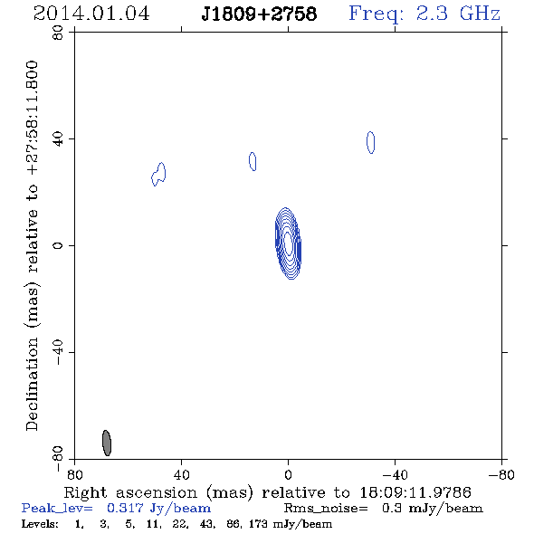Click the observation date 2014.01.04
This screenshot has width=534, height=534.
click(x=91, y=14)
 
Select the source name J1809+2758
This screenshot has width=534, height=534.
click(x=259, y=14)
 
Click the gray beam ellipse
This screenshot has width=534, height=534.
click(x=107, y=443)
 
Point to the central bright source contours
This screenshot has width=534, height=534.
click(x=288, y=243)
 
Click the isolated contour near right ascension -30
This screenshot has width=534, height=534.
click(x=370, y=142)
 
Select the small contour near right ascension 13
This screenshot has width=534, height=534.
click(x=253, y=161)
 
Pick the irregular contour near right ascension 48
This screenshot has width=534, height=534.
click(x=158, y=174)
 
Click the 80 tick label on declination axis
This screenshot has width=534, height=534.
click(x=58, y=33)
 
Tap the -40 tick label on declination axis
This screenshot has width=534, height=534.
click(x=58, y=352)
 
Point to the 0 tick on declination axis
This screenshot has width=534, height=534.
click(x=58, y=245)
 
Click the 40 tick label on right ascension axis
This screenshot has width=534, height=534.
click(x=181, y=474)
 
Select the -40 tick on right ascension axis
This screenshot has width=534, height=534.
click(x=395, y=474)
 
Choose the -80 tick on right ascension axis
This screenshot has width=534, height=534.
click(x=501, y=474)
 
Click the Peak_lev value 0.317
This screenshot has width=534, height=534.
click(x=125, y=508)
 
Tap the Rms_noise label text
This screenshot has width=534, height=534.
click(x=326, y=509)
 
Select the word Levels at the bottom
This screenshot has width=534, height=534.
click(x=40, y=523)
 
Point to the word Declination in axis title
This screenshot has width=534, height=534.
click(x=32, y=384)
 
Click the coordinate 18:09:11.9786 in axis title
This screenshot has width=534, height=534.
click(x=415, y=492)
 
